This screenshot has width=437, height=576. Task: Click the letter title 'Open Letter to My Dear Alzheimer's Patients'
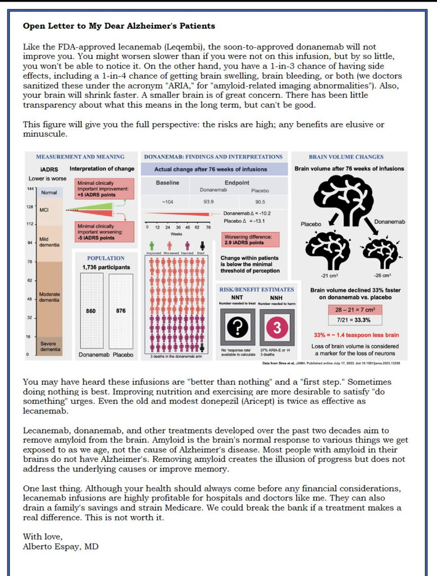(119, 26)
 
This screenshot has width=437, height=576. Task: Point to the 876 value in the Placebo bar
(121, 310)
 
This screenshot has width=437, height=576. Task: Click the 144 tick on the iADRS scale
(30, 188)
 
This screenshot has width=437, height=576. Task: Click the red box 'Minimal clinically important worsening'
(99, 231)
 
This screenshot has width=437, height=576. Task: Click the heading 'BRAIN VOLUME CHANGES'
(346, 157)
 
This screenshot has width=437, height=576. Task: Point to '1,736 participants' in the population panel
(106, 267)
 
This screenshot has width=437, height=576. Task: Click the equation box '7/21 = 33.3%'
(354, 320)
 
